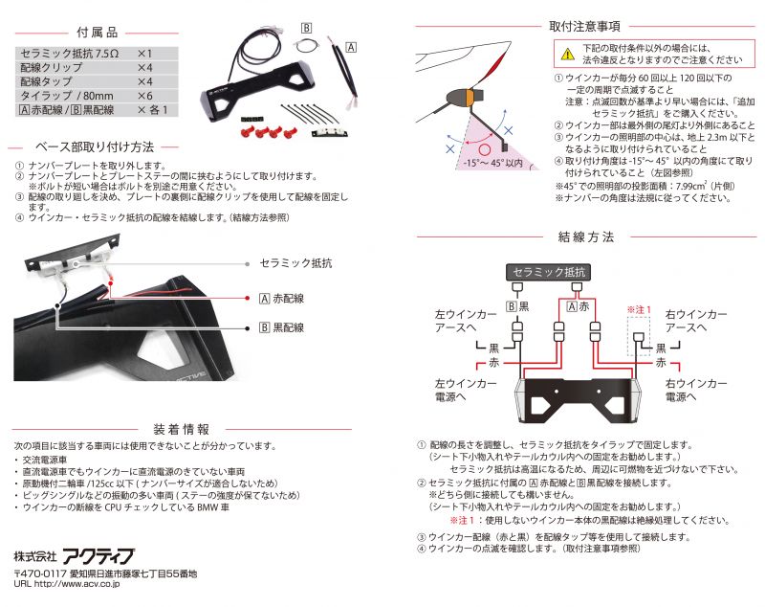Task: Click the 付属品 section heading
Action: tap(97, 31)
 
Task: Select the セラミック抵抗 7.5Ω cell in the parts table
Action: tap(69, 54)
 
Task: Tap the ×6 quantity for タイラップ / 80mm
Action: tap(144, 97)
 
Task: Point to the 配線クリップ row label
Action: tap(51, 68)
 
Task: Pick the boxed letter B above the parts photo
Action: tap(307, 28)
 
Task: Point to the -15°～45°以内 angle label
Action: tap(492, 164)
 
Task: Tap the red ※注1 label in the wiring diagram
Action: tap(639, 309)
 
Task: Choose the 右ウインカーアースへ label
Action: tap(696, 321)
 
